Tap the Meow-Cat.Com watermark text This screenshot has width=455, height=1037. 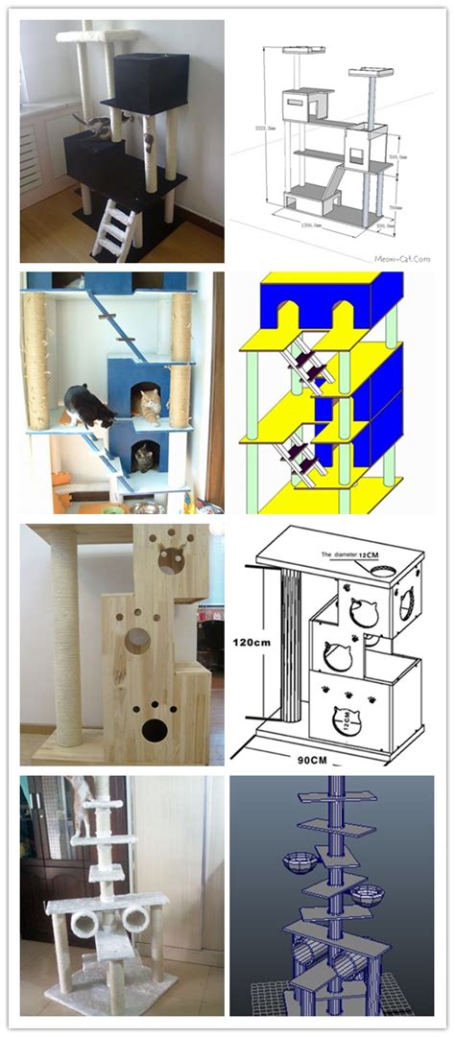click(402, 258)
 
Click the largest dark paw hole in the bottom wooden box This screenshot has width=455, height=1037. click(153, 730)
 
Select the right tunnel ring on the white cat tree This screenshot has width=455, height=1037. click(134, 919)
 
